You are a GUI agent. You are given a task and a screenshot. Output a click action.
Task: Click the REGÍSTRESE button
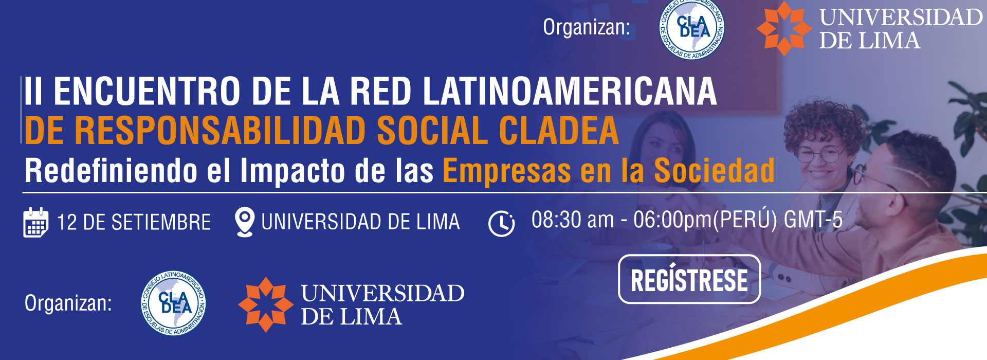[x=689, y=279]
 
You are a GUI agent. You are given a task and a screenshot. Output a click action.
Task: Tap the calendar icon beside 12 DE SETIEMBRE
[x=36, y=222]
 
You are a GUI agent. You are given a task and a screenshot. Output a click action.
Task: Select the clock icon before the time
[x=501, y=224]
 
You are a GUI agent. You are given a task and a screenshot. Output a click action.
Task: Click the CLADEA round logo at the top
[x=692, y=28]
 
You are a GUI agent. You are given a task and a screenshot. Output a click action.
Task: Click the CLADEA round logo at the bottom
[x=174, y=303]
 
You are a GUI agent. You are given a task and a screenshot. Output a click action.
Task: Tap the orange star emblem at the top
[x=784, y=28]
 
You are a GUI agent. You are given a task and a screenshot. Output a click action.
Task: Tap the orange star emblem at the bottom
[x=265, y=304]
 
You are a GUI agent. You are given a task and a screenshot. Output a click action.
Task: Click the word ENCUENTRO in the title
[x=147, y=91]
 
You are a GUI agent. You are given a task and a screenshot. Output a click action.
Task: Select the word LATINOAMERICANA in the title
[x=570, y=91]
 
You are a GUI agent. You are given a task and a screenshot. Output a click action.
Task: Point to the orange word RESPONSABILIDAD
[x=221, y=130]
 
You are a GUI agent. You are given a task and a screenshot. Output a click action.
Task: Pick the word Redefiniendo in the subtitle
[x=111, y=170]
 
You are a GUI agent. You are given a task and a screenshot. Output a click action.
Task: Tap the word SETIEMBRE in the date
[x=161, y=223]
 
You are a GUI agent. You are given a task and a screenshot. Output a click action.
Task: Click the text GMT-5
[x=813, y=220]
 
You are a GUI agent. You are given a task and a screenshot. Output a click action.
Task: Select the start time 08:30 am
[x=573, y=220]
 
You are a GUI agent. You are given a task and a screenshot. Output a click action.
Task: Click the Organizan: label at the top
[x=587, y=27]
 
